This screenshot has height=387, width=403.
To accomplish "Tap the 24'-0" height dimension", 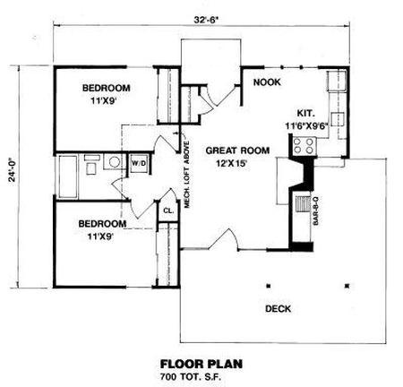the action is click(x=13, y=169).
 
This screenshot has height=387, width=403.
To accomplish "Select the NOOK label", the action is click(x=267, y=82).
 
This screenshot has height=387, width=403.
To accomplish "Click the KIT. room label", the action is click(x=306, y=114).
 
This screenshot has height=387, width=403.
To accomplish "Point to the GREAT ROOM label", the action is click(x=237, y=150).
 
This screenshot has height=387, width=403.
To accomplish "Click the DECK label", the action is click(x=278, y=308).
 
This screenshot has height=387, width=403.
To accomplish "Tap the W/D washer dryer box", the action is click(x=139, y=164).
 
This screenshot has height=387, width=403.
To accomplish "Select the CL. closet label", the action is click(x=168, y=211).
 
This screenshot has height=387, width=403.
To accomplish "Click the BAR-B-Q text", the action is click(x=316, y=211).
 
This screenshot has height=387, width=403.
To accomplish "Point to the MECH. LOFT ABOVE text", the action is click(x=187, y=175).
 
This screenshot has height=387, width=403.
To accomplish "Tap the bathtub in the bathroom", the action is click(x=68, y=176).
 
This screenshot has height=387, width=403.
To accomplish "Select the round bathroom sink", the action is click(x=114, y=162).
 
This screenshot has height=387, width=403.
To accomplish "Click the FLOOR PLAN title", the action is click(x=201, y=365).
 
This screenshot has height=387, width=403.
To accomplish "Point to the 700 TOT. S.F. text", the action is click(x=191, y=376).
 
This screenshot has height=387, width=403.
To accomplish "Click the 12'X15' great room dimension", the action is click(x=233, y=164).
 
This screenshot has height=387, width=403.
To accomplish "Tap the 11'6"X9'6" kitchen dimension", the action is click(x=306, y=126).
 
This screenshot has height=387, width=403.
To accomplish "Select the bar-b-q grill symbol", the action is click(x=303, y=203).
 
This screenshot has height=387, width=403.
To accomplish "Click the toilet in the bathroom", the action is click(x=91, y=165).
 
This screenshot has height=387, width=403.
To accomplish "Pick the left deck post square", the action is click(x=269, y=286).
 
